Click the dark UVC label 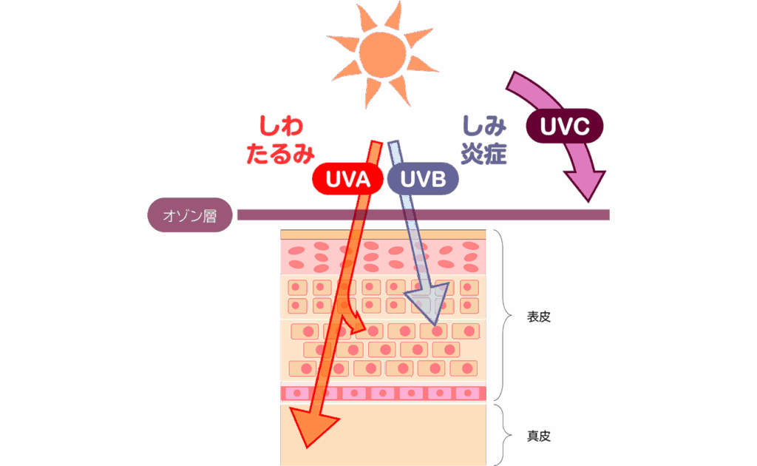pos(565,126)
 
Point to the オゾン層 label pos(189,215)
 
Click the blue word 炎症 pos(483,154)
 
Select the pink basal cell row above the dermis pos(383,393)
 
